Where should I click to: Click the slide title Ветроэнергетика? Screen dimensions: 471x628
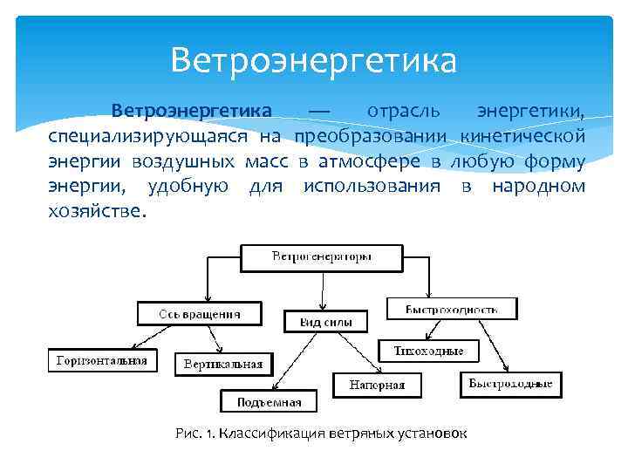tap(313, 61)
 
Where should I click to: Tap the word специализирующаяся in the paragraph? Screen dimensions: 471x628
tap(147, 137)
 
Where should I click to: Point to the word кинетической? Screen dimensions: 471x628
tap(522, 137)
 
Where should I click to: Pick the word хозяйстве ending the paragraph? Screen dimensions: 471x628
tap(96, 212)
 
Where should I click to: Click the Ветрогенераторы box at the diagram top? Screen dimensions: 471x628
tap(322, 256)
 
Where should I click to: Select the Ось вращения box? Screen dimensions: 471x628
tap(200, 312)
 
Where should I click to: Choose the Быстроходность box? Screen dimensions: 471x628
tap(452, 309)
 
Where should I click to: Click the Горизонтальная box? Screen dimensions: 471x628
tap(102, 359)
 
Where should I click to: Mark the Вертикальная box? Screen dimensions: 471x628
tap(224, 364)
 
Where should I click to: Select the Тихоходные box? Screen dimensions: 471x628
tap(428, 352)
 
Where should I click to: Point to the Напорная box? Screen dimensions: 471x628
tap(376, 385)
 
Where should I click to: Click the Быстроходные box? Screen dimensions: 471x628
tap(510, 384)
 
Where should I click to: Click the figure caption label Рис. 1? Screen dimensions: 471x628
tap(194, 433)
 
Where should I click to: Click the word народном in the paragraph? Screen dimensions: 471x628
tap(537, 187)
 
